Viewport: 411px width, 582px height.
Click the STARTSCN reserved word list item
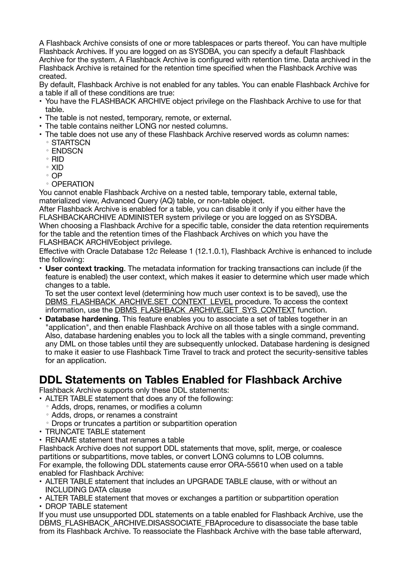(71, 143)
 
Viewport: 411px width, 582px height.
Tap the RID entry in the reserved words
(58, 159)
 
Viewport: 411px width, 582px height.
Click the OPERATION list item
(73, 184)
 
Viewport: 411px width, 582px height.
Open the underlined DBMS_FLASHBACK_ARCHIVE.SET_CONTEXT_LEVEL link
(139, 302)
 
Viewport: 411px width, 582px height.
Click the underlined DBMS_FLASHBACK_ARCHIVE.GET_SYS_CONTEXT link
(205, 310)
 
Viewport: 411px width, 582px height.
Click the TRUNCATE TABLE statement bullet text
(95, 432)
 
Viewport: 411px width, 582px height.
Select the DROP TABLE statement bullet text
(86, 506)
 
